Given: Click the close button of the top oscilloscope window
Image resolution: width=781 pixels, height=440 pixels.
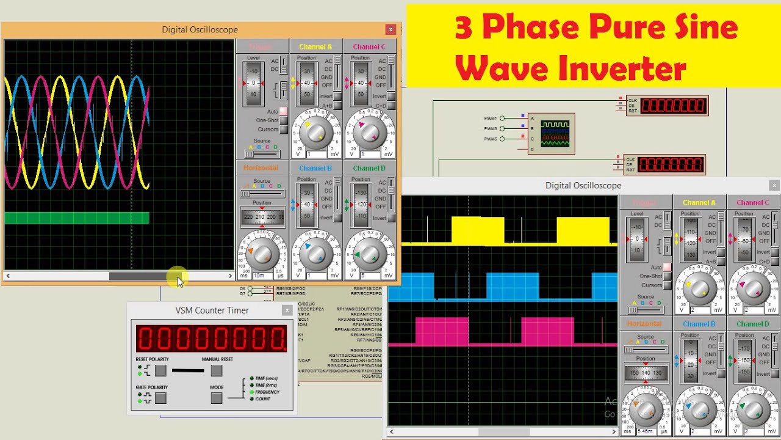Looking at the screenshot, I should [390, 29].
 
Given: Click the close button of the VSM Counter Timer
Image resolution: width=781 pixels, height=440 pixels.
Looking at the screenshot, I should [287, 310].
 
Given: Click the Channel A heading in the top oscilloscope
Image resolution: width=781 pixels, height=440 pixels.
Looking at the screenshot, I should [315, 47].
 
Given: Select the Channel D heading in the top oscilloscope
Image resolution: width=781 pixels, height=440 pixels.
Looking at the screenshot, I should [369, 168].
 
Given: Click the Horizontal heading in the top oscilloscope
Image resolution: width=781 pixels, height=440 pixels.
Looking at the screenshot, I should [261, 168].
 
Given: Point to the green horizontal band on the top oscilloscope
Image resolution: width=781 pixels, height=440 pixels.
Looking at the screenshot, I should [77, 218].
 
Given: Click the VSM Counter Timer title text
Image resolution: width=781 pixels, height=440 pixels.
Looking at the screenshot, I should [212, 310].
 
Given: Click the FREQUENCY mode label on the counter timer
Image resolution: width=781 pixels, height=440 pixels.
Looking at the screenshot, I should [267, 392].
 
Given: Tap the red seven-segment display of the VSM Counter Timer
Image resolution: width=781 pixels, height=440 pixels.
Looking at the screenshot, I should [211, 338].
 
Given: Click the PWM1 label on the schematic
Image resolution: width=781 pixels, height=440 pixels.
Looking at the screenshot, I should [491, 118].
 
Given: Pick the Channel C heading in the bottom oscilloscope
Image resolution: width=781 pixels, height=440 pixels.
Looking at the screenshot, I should [752, 203].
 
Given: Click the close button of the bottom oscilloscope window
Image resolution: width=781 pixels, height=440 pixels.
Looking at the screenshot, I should [774, 185].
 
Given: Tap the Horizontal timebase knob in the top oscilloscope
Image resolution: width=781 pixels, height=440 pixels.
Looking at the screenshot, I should [262, 251].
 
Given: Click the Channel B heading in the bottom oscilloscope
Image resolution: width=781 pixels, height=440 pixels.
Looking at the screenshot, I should [699, 324].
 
